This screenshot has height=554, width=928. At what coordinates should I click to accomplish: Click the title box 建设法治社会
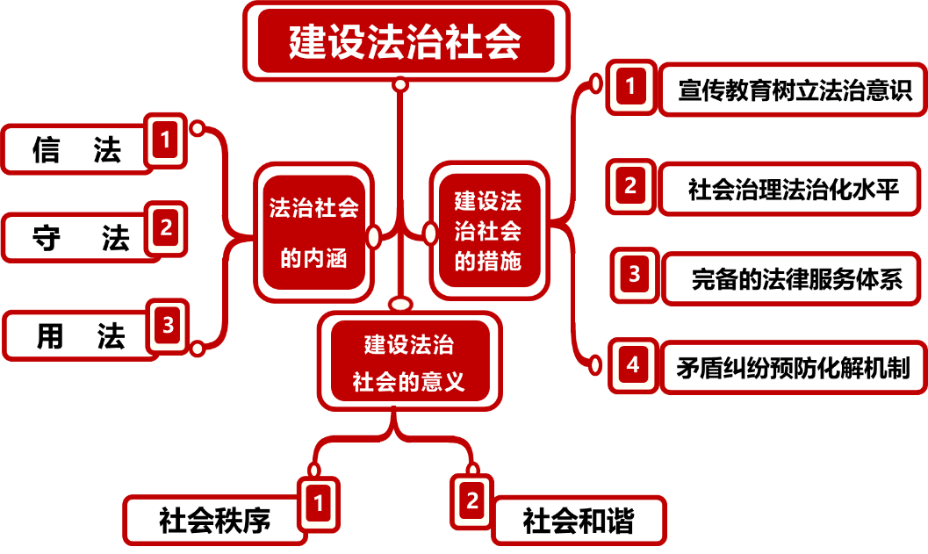tap(406, 41)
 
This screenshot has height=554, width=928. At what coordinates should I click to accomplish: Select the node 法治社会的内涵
tap(314, 232)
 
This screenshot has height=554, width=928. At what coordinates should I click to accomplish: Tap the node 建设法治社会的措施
tap(488, 231)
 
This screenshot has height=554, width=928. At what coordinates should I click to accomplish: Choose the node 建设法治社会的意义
tap(409, 360)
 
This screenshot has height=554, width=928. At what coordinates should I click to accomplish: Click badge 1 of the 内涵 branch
tap(166, 139)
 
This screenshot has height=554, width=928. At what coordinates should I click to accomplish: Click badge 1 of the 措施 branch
tap(630, 87)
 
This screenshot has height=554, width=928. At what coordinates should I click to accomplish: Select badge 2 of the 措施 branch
tap(630, 186)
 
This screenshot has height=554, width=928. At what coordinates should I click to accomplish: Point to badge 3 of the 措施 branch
tap(635, 276)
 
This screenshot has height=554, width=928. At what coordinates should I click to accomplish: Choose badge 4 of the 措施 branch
tap(633, 364)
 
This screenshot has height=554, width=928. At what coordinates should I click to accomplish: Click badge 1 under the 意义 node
tap(319, 504)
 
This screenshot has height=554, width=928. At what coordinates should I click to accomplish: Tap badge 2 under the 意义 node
tap(472, 501)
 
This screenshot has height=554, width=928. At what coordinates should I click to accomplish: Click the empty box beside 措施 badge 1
tap(793, 89)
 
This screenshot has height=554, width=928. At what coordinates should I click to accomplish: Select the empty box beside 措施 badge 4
tap(794, 367)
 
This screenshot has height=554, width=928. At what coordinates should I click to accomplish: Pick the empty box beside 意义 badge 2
tap(579, 521)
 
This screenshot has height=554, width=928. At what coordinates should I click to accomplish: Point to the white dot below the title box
tap(400, 85)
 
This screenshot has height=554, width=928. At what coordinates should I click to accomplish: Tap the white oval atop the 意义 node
tap(400, 305)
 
